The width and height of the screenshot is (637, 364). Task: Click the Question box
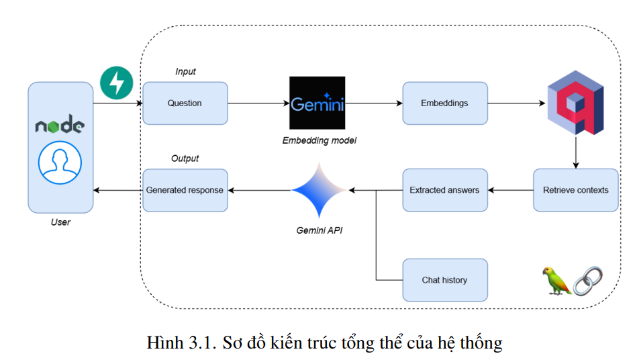tap(185, 103)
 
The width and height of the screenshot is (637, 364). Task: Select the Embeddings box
tap(444, 103)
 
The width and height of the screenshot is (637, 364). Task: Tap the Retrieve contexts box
tap(575, 190)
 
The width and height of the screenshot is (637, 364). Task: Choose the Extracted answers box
tap(444, 190)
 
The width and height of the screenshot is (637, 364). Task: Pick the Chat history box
tap(444, 279)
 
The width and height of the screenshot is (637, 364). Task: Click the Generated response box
tap(185, 190)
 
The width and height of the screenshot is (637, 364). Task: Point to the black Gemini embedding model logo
tap(317, 103)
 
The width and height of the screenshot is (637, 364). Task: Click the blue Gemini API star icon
tap(318, 190)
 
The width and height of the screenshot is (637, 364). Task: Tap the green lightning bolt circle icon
tap(117, 83)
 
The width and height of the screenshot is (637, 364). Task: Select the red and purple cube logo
tap(575, 107)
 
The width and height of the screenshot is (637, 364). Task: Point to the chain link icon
tap(587, 280)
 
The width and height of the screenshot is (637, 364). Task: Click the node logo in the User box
tap(60, 126)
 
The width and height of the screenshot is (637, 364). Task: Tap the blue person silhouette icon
tap(60, 163)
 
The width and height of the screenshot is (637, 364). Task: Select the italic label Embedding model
tap(319, 140)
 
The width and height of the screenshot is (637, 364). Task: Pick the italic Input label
tap(185, 71)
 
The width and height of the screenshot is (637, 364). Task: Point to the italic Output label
tap(185, 158)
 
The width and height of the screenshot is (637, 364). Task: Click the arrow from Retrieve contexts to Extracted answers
tap(510, 190)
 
